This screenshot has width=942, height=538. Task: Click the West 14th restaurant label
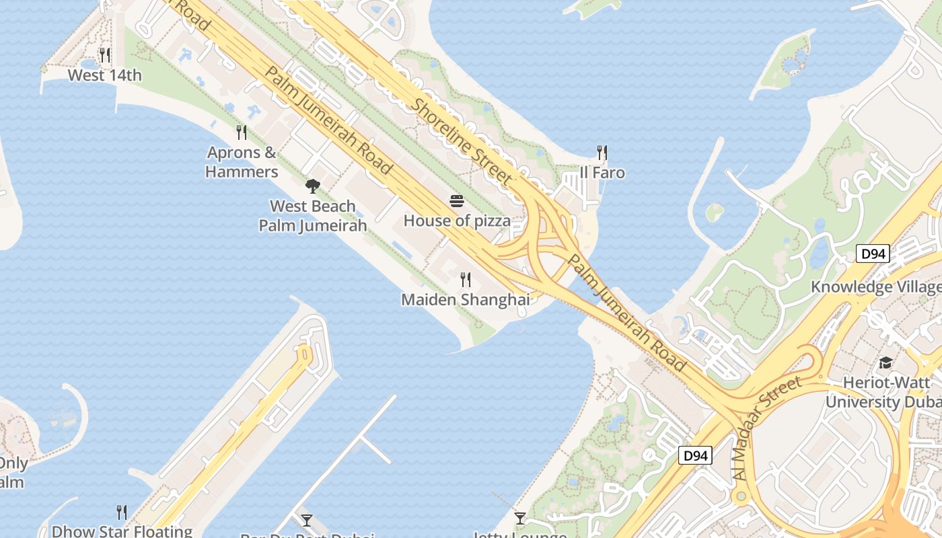[105, 75]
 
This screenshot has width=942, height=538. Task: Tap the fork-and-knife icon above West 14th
[105, 54]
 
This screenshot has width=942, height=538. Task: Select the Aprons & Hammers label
[242, 162]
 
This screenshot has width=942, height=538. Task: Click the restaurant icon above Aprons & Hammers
[242, 132]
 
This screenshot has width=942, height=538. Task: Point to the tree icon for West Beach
[312, 186]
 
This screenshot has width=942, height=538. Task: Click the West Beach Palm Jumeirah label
[313, 215]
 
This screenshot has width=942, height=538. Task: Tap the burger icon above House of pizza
[457, 201]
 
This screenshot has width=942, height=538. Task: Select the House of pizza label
[457, 221]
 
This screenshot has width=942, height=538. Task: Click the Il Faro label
[602, 173]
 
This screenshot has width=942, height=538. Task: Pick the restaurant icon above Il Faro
[602, 153]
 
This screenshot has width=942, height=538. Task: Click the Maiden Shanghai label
[465, 299]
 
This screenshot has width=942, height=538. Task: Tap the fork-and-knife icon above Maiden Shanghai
[465, 280]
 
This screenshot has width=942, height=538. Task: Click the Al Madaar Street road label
[768, 428]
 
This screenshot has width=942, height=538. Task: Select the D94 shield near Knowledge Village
[873, 254]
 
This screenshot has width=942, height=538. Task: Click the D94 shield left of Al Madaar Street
[694, 455]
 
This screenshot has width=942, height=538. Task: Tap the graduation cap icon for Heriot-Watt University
[885, 363]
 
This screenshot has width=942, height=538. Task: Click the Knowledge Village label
[876, 287]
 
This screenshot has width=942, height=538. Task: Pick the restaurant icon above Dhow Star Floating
[122, 512]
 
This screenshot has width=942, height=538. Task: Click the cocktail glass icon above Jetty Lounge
[519, 518]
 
